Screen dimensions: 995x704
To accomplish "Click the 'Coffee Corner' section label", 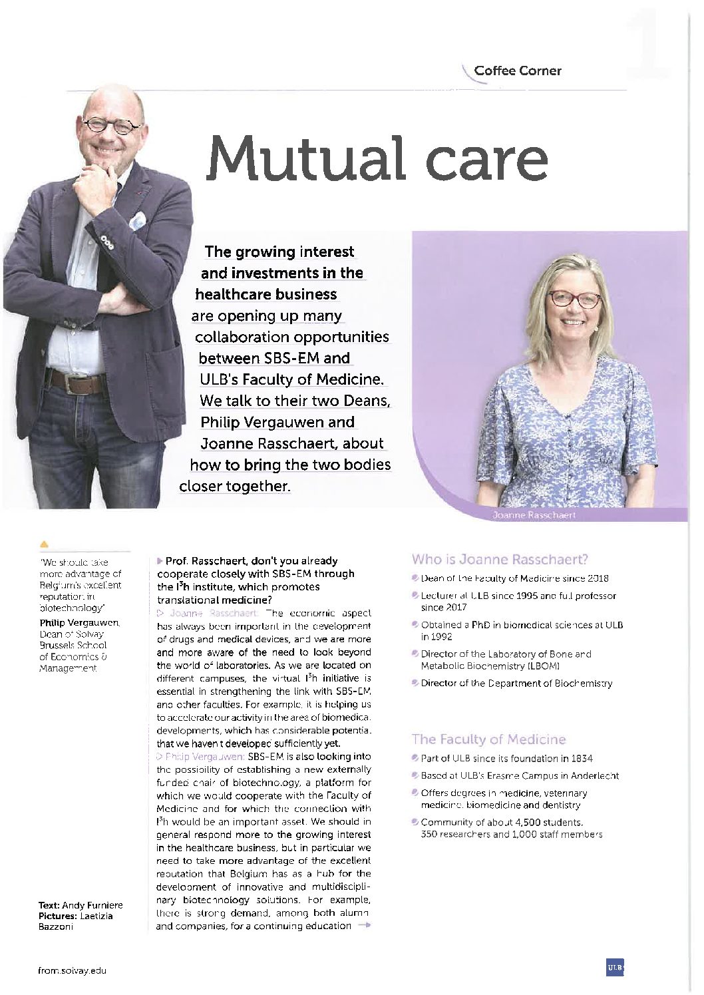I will pos(517,71).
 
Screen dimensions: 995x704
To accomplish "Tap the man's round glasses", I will pos(110,125).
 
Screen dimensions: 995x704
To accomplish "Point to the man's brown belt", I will pos(76,381).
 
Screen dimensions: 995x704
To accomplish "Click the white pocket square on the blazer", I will pos(137,219).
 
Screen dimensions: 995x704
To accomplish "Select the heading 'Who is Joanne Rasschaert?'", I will pos(500,559).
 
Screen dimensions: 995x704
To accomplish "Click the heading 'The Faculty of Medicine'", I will pos(488,739).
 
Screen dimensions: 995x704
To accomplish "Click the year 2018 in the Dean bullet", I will pos(598,578).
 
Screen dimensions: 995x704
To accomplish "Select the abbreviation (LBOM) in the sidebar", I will pos(546,666).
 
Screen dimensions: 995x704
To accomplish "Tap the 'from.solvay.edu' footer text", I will pos(73,970).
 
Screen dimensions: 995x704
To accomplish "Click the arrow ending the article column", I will pos(364,926).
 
